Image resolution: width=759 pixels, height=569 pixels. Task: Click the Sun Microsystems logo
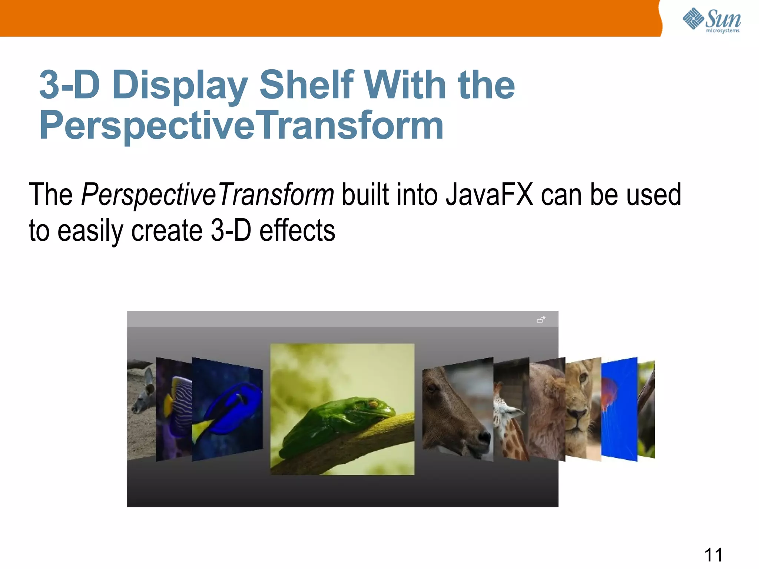tap(711, 20)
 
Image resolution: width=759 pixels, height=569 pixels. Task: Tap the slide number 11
tap(713, 555)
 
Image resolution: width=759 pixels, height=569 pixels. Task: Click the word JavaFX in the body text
tap(489, 194)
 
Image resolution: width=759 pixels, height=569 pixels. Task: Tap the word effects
tap(297, 230)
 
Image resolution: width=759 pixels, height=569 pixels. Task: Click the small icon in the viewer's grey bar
tap(541, 319)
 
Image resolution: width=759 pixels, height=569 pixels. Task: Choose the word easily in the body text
tap(90, 230)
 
